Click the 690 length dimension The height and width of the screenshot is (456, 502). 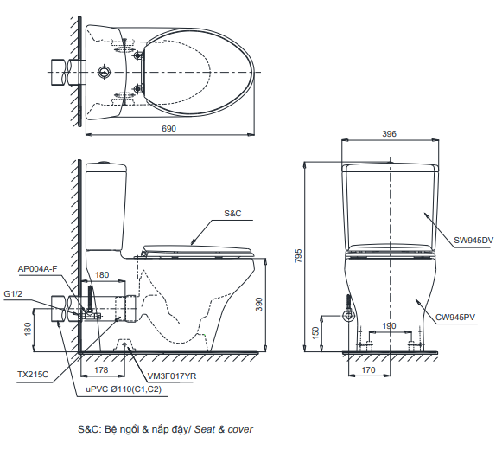click(x=168, y=129)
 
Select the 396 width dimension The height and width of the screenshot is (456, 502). click(x=389, y=134)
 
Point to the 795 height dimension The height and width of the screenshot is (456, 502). click(x=298, y=255)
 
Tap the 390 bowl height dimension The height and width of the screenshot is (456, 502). click(x=258, y=305)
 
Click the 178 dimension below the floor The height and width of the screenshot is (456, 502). click(x=101, y=370)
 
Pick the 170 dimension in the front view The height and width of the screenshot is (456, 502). click(x=368, y=370)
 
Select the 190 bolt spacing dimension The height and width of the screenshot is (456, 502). click(x=389, y=326)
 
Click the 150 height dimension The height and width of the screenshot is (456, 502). click(x=315, y=333)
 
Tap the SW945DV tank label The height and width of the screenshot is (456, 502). click(x=473, y=241)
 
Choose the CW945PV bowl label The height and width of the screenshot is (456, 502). click(x=455, y=318)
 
